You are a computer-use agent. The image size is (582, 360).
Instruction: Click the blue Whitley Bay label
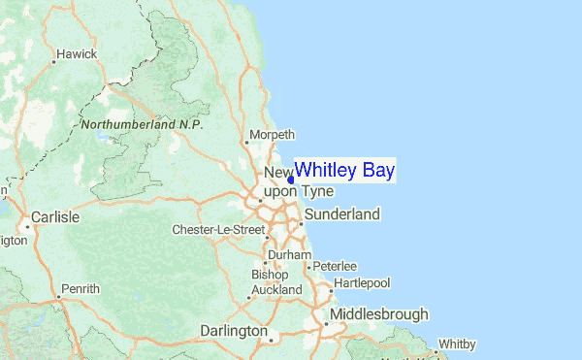tap(344, 171)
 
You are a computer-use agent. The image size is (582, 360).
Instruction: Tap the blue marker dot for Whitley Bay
tap(291, 180)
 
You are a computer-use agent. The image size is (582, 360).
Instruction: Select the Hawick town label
tap(77, 54)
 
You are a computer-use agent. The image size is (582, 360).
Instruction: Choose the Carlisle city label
tap(54, 217)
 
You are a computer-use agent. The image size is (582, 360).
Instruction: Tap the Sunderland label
tap(341, 213)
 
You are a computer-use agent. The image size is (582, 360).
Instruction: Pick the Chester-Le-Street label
tap(218, 230)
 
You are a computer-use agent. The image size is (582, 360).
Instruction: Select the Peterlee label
tap(336, 266)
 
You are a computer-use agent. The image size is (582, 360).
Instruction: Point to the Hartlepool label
tap(362, 282)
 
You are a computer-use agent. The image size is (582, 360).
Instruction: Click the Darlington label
tap(233, 331)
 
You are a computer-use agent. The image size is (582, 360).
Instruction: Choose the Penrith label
tap(80, 289)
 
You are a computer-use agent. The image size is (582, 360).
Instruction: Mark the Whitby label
tap(457, 344)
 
